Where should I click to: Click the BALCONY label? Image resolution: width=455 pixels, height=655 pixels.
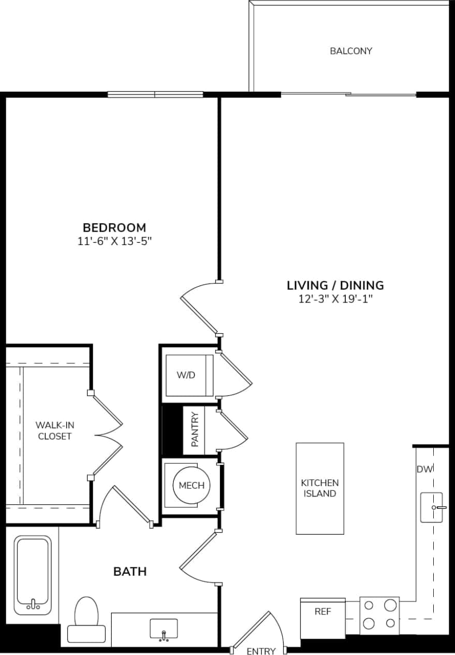351,51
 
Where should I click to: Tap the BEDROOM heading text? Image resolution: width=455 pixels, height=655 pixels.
114,227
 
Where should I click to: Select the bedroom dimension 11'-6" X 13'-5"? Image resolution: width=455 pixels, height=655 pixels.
114,241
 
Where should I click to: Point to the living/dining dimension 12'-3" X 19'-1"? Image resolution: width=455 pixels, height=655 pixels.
335,299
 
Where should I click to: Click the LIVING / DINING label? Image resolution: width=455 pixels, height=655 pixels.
335,285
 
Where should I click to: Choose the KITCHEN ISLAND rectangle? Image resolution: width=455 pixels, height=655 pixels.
319,488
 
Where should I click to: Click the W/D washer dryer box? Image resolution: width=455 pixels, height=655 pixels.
187,375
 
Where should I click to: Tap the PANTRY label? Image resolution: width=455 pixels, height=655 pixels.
195,430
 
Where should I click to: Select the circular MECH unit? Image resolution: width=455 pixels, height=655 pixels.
191,486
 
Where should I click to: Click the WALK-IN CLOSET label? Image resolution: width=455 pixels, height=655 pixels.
55,431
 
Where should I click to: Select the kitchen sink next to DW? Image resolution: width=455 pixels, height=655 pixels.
431,507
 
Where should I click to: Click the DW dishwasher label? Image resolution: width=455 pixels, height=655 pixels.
424,469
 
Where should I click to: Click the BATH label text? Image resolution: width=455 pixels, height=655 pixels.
130,572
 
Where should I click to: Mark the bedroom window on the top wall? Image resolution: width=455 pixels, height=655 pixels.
155,94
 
